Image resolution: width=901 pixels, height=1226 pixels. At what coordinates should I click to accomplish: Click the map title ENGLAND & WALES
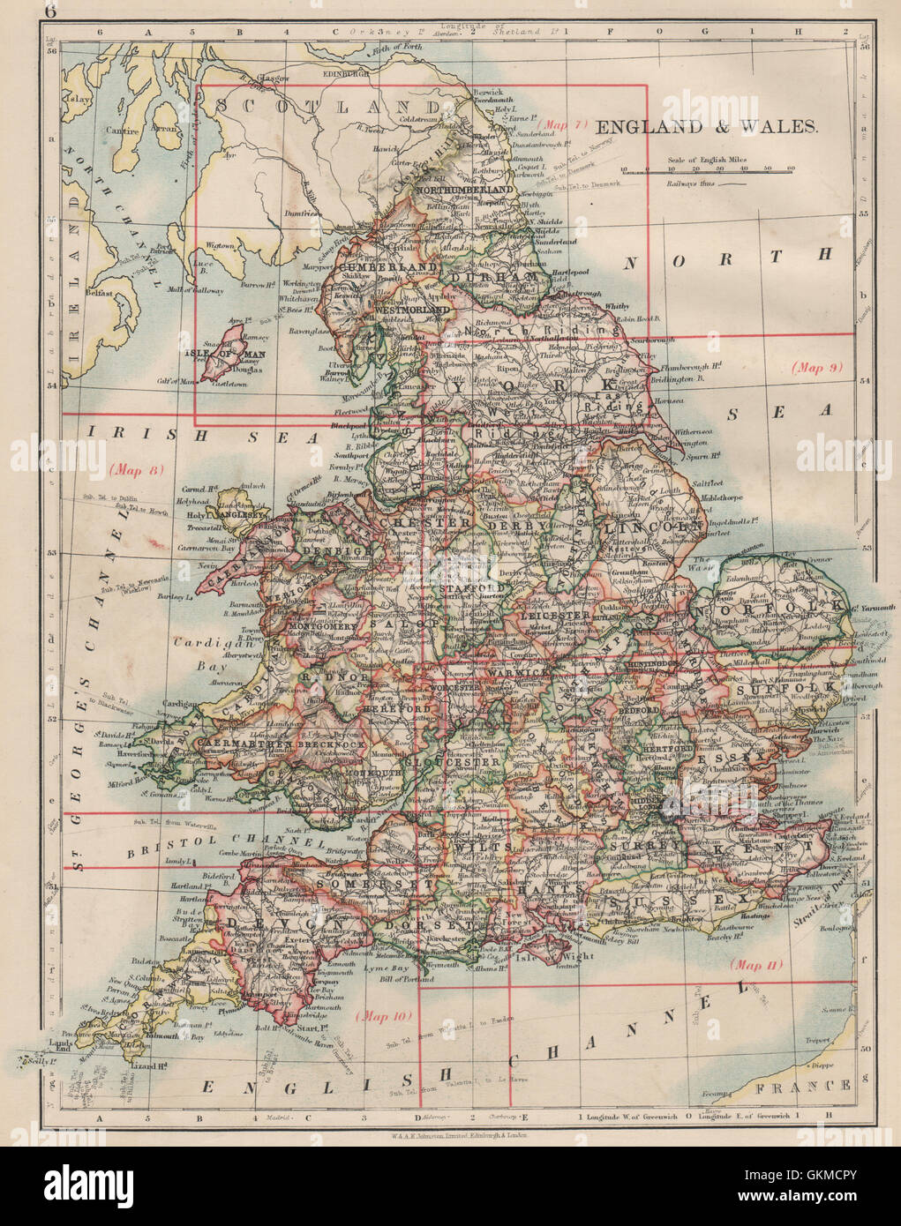707,126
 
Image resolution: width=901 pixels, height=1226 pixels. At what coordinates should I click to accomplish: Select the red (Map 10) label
384,1015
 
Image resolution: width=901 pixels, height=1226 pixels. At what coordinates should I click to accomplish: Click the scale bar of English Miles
706,174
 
